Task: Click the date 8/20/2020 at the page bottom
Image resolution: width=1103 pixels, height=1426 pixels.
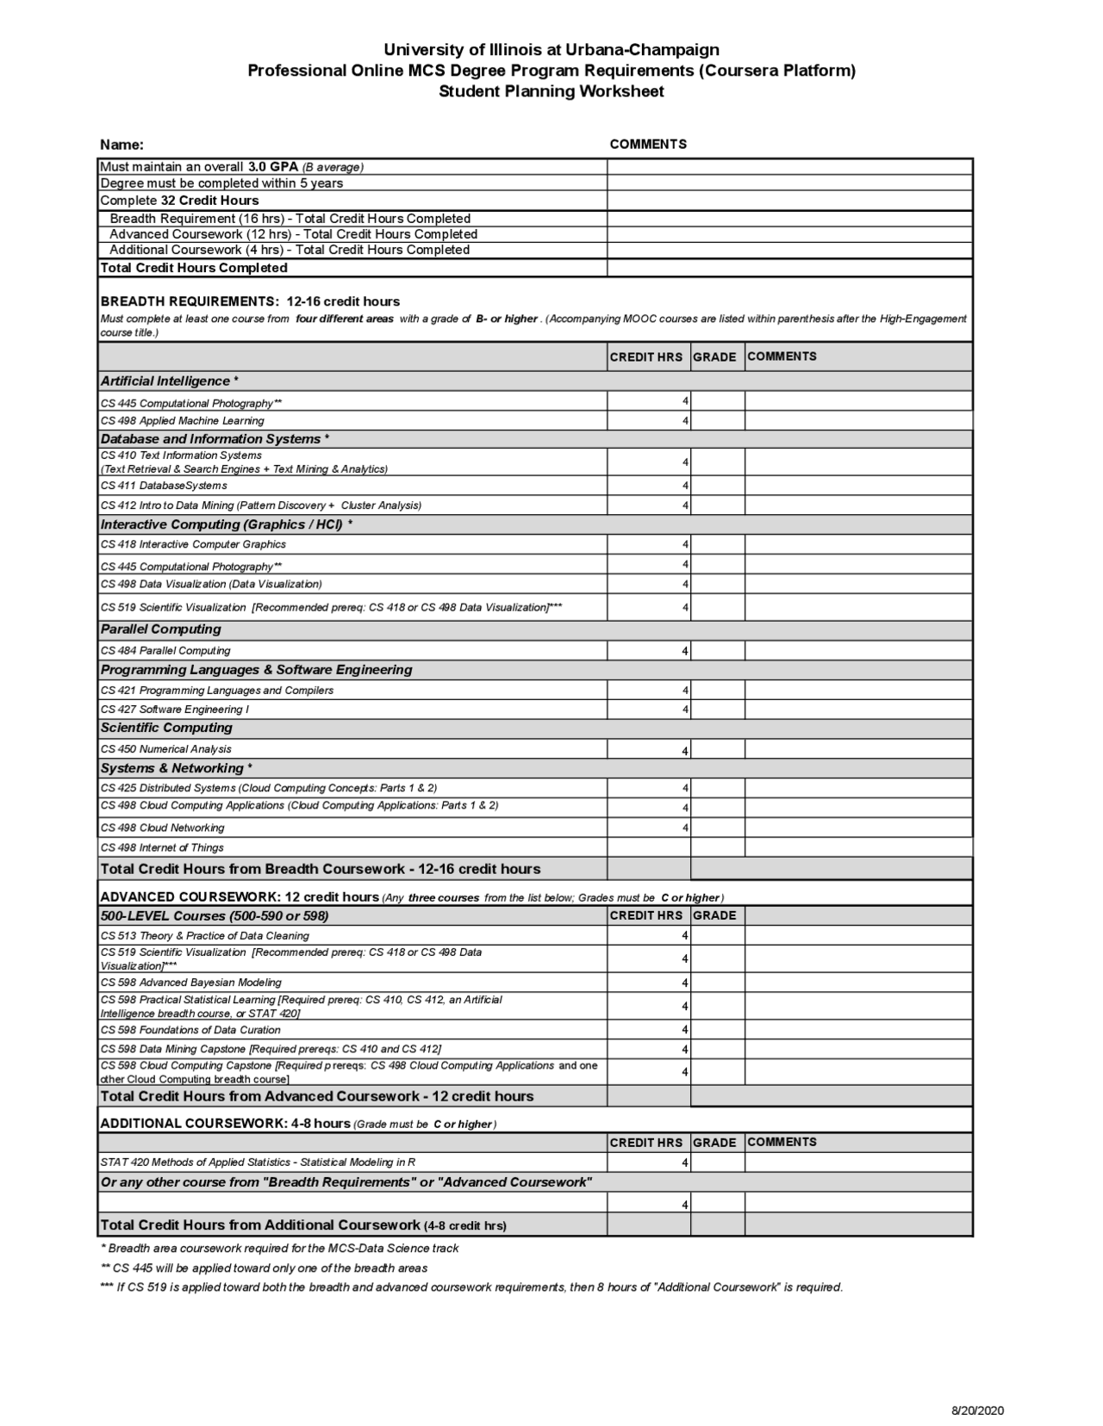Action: (977, 1410)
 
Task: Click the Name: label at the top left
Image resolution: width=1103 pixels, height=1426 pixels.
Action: (122, 145)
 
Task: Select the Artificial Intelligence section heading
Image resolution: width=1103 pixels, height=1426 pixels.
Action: (170, 381)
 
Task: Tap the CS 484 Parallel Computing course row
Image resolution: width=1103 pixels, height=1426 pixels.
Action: (165, 651)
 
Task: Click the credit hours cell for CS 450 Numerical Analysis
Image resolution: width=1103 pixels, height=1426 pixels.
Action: (649, 750)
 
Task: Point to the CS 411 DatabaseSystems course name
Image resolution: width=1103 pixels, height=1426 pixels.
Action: (164, 486)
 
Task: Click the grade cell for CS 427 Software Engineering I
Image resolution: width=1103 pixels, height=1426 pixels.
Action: (717, 710)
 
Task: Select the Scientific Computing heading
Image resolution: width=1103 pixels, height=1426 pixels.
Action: (166, 728)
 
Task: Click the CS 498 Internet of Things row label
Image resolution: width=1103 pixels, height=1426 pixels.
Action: (162, 847)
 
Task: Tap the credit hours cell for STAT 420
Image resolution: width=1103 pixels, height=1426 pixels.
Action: (649, 1162)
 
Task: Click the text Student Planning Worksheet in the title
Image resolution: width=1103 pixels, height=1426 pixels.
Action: (551, 92)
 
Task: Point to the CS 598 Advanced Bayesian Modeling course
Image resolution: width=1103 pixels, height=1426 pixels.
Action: (191, 983)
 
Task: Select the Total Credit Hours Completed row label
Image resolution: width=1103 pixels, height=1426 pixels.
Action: (194, 268)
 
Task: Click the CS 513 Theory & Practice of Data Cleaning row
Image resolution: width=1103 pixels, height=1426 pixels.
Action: (205, 936)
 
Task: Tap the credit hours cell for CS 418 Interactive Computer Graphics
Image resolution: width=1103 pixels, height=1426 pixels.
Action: (649, 544)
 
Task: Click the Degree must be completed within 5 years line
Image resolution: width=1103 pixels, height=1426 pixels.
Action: (221, 183)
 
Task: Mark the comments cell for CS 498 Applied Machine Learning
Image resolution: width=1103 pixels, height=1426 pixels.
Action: (858, 421)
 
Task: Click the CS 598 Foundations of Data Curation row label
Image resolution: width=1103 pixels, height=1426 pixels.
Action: (190, 1030)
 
